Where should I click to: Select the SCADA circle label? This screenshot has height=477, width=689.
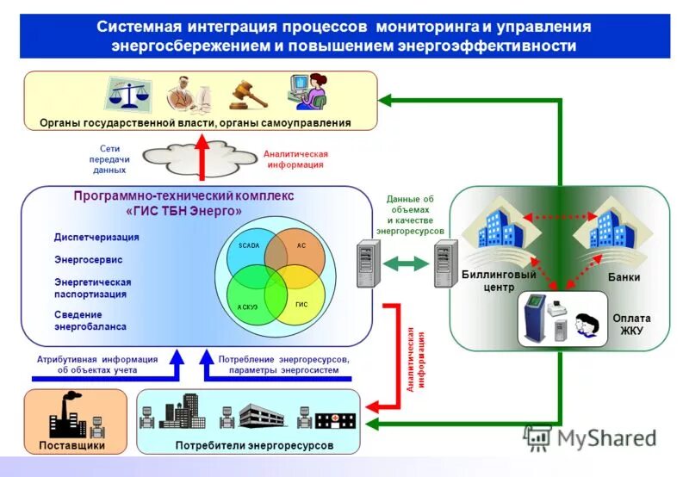(x=249, y=245)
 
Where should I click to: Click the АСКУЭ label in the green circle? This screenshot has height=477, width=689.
(x=248, y=306)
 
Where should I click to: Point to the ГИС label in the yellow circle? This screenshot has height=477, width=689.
(x=301, y=305)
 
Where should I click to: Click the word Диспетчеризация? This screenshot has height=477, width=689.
(x=96, y=237)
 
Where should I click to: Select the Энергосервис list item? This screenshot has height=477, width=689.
(x=89, y=258)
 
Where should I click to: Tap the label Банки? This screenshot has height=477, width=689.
(x=624, y=277)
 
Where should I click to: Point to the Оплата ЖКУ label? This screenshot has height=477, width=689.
(x=631, y=324)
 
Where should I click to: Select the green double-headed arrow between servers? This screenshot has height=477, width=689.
(x=405, y=263)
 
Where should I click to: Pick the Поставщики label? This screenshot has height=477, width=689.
(x=72, y=446)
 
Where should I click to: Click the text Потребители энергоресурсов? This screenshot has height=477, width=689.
(x=254, y=446)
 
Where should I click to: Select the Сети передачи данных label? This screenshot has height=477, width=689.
(x=109, y=159)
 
